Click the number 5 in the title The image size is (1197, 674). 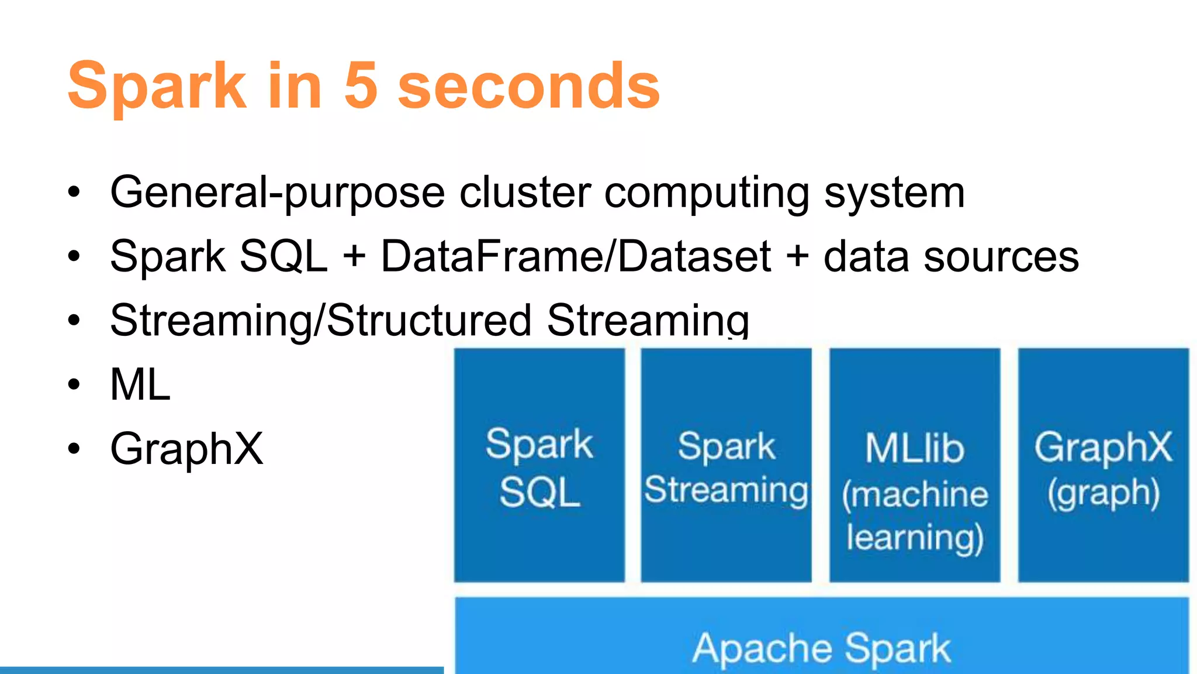(x=361, y=86)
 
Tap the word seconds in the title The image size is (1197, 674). (x=528, y=86)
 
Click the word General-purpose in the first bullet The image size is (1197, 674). (x=277, y=193)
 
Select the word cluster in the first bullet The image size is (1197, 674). (x=525, y=193)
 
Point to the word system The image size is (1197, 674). (x=894, y=193)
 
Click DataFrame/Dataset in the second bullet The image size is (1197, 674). (x=576, y=257)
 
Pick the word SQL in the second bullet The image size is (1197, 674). (x=283, y=257)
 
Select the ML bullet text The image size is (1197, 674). (x=140, y=385)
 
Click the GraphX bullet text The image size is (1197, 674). (x=186, y=449)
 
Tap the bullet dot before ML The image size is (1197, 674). (x=74, y=385)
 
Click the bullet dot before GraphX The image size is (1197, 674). (x=74, y=449)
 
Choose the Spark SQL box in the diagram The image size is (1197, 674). (x=539, y=465)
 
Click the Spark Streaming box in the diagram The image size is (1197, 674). (x=726, y=465)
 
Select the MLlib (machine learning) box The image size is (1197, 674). (x=914, y=465)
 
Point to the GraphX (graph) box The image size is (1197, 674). (x=1103, y=465)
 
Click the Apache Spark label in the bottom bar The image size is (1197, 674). (x=821, y=648)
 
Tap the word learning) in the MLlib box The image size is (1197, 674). (x=915, y=538)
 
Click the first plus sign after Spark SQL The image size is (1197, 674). (x=354, y=258)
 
